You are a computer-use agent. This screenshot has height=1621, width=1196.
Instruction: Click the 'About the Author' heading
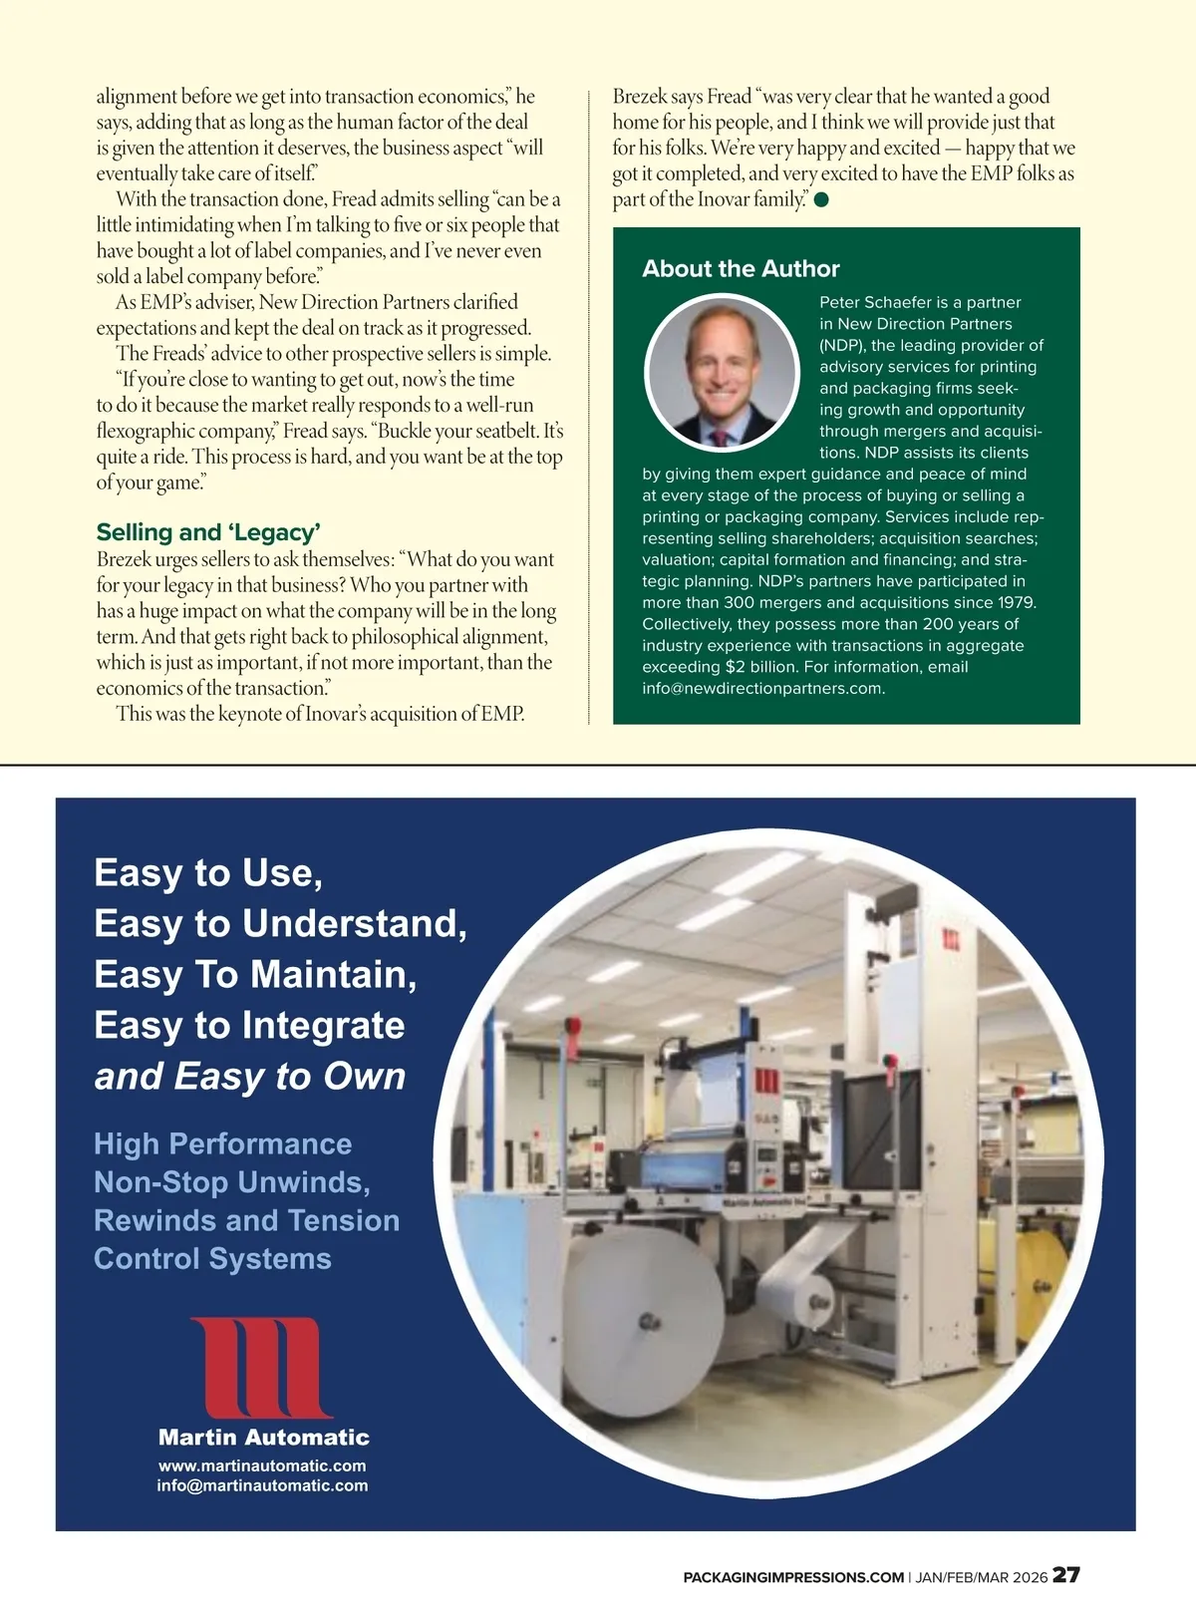point(741,268)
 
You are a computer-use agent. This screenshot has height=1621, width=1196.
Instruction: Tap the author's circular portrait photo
point(722,372)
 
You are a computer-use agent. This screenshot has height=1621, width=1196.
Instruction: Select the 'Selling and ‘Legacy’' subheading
point(207,531)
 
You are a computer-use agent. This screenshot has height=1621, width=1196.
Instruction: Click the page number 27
point(1066,1575)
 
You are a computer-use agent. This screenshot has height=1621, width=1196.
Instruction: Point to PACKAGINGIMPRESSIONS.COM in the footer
point(793,1577)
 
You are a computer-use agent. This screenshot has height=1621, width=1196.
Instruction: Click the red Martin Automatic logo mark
point(262,1367)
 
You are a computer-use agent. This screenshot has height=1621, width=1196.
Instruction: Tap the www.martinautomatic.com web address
point(262,1465)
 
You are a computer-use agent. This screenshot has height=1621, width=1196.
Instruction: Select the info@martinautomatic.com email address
point(262,1485)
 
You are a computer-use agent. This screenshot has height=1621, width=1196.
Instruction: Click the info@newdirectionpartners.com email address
point(762,688)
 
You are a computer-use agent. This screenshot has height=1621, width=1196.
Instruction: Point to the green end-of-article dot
point(821,200)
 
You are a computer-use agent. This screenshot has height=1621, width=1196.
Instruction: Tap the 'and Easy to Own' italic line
point(250,1077)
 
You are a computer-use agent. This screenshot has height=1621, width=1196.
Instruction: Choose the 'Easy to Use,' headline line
point(208,872)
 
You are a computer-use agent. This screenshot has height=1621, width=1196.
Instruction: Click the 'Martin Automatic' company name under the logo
point(263,1437)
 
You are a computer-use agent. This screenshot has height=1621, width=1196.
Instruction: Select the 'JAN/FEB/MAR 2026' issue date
point(982,1577)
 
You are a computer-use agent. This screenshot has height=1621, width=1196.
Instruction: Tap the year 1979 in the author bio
point(1015,602)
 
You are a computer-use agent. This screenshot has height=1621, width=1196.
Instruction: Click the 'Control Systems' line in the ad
point(212,1258)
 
